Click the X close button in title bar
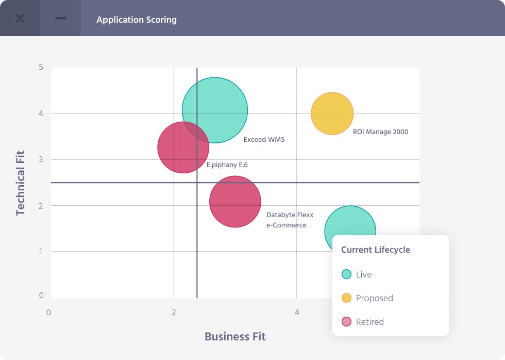pos(20,19)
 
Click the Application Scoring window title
pos(137,20)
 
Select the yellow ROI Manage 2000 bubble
pos(332,113)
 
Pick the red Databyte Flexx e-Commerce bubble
pos(235,202)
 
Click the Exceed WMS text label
pos(264,139)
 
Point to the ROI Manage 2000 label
pos(380,132)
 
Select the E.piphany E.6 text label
pos(227,165)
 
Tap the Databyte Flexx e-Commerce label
pos(290,220)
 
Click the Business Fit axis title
pos(235,337)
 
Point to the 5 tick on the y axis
pos(41,67)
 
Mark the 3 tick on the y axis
pos(41,159)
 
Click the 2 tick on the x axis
pos(174,313)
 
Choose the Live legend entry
pos(357,274)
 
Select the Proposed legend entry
pos(367,298)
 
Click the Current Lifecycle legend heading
pos(376,250)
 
